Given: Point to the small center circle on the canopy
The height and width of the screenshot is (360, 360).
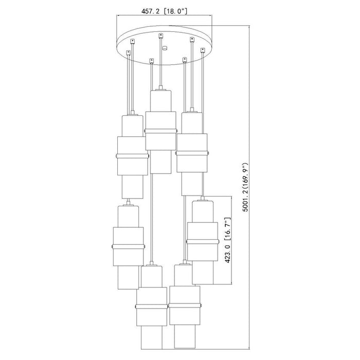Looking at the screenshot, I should click(x=165, y=48).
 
